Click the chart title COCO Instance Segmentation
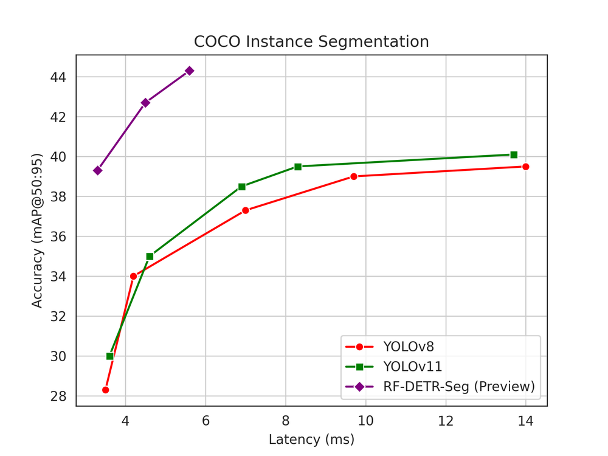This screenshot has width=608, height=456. (311, 42)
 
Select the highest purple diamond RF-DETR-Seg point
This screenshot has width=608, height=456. (189, 71)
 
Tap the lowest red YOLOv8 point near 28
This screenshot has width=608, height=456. (105, 390)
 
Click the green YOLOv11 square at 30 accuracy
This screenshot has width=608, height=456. (110, 356)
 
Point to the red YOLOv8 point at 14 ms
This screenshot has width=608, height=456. (526, 167)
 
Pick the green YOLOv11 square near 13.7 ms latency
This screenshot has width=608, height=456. (514, 154)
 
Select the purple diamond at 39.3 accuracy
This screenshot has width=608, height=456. (97, 170)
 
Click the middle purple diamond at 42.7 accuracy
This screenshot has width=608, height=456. (145, 103)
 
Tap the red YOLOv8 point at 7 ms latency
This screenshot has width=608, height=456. (246, 210)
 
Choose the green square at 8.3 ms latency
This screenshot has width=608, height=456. (298, 167)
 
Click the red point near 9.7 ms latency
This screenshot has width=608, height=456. (354, 176)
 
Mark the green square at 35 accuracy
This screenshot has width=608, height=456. (150, 257)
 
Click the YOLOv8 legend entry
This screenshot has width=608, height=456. (408, 347)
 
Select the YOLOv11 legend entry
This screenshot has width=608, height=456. (412, 367)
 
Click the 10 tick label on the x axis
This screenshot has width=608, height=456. (365, 420)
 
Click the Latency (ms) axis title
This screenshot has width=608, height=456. (311, 439)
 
